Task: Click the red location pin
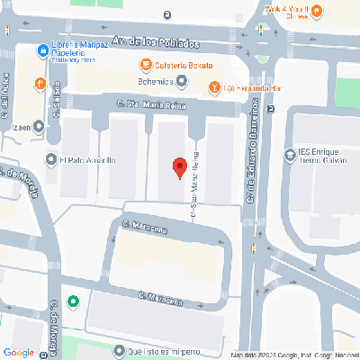pyautogui.click(x=179, y=166)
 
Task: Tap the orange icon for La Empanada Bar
pyautogui.click(x=213, y=88)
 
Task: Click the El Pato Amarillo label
pyautogui.click(x=87, y=160)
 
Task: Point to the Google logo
pyautogui.click(x=20, y=351)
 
